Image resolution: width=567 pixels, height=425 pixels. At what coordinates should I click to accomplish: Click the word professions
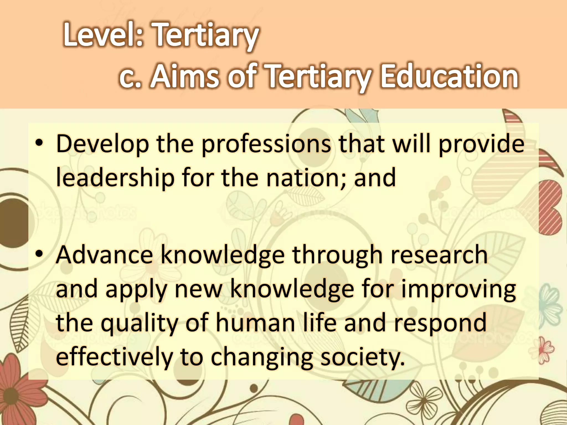[x=266, y=144]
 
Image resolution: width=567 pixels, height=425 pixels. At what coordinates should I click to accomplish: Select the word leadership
[x=115, y=178]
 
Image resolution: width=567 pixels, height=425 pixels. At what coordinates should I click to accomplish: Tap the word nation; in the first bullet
[x=306, y=178]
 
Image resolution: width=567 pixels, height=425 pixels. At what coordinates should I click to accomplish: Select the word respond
[x=440, y=324]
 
